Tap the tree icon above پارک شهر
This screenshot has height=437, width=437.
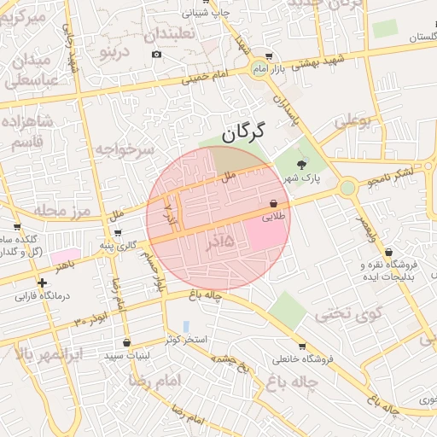(x=300, y=164)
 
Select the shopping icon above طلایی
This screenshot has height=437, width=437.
(x=273, y=204)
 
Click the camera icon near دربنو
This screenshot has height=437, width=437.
(x=156, y=55)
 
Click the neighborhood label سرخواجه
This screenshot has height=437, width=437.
(x=124, y=150)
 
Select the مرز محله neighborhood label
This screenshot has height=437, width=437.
(x=61, y=210)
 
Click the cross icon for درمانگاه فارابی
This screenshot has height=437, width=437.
(x=42, y=283)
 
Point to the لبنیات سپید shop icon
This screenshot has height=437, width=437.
(x=127, y=343)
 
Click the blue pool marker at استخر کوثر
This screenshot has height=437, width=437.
(x=186, y=327)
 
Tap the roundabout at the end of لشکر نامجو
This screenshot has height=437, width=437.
(x=347, y=187)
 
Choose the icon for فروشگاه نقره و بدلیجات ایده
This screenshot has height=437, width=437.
(x=390, y=253)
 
